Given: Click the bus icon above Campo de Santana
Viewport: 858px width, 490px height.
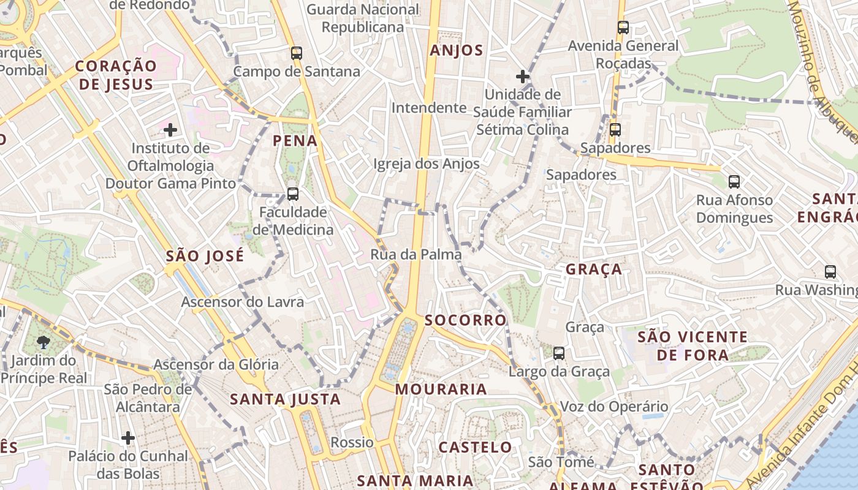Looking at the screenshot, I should tap(297, 53).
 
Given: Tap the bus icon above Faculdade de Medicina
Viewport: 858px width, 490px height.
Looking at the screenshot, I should tap(293, 194).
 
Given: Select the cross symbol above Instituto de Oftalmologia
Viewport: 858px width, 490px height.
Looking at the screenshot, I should tap(170, 130).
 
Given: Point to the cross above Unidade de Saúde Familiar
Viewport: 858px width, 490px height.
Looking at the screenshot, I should tap(522, 77).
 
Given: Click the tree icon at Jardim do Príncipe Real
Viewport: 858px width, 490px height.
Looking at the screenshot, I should tap(43, 342).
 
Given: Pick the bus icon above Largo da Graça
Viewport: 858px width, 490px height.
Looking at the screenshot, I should tap(559, 353).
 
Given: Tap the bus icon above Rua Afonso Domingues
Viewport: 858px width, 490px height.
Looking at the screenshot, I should tap(734, 182).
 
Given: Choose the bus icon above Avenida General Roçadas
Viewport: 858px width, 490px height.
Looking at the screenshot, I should tap(623, 28).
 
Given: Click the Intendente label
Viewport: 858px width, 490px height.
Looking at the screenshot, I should tap(429, 108).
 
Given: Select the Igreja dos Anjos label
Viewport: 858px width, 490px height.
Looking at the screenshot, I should tap(427, 164).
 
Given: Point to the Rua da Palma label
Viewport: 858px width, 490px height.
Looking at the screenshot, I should tap(416, 254).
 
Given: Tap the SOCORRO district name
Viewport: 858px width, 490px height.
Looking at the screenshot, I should tap(466, 320).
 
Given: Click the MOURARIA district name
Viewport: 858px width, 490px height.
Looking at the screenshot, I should tap(441, 389).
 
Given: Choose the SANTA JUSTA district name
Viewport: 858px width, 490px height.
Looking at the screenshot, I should tap(285, 399).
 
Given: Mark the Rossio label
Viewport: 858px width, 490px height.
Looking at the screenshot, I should tap(352, 442).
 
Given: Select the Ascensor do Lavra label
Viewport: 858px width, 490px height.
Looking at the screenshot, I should tap(242, 302).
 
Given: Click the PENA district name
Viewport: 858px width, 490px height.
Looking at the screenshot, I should tap(295, 141).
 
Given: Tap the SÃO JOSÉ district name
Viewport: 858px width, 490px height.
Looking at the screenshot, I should tap(205, 255).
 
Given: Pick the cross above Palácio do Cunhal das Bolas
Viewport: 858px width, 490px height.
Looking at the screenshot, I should tap(127, 438).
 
